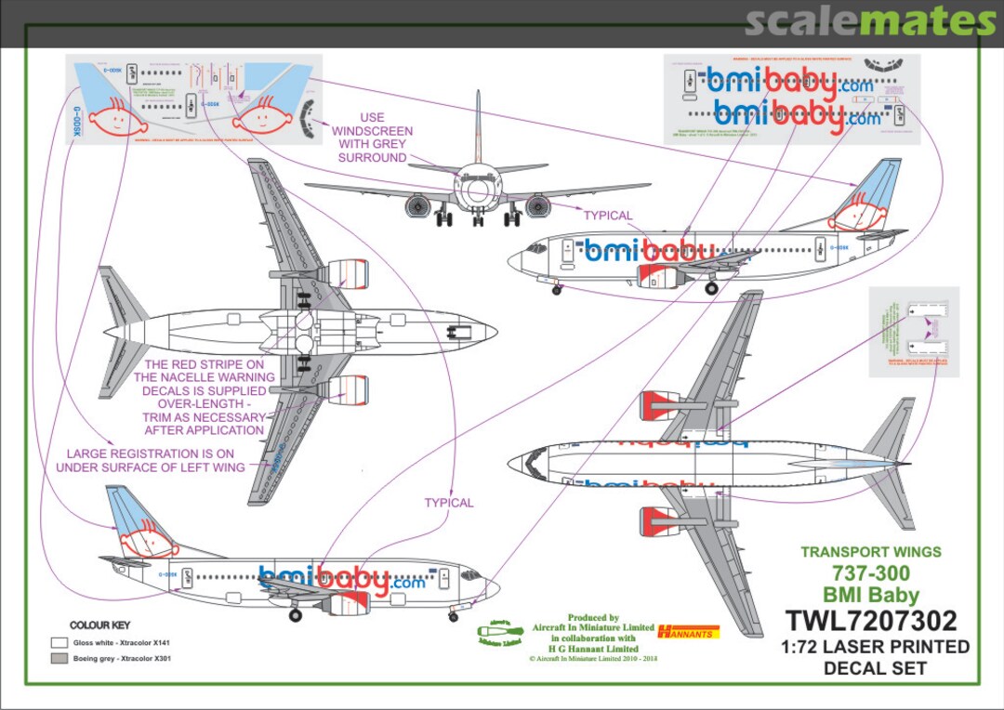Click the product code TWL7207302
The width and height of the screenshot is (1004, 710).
click(870, 621)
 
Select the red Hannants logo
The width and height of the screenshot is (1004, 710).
click(688, 632)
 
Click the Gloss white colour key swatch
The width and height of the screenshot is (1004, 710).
click(59, 642)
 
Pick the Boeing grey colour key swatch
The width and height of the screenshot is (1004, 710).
click(59, 659)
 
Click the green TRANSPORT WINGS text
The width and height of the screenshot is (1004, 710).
click(870, 552)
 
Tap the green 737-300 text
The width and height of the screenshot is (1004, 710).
click(870, 573)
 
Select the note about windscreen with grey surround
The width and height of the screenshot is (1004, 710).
click(372, 138)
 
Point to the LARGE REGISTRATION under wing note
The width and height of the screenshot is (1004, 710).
click(151, 460)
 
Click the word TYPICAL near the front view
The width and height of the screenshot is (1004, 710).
click(607, 216)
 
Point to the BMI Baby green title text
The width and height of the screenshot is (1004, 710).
click(870, 596)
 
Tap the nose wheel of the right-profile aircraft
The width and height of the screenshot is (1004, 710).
click(557, 290)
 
